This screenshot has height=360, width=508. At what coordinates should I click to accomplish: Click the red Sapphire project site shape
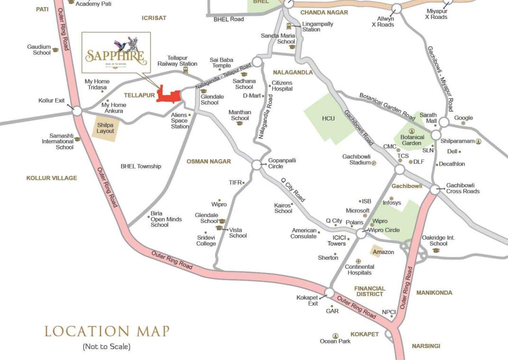(168, 95)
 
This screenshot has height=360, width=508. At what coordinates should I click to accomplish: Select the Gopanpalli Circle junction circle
(257, 165)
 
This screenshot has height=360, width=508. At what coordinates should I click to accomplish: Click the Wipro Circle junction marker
(361, 233)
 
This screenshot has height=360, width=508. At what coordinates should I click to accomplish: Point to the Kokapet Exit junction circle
(330, 292)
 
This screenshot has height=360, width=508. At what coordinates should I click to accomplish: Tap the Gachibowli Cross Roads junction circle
(435, 190)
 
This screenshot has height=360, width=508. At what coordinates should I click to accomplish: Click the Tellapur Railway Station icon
(185, 70)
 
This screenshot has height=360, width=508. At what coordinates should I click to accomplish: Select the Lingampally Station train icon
(289, 26)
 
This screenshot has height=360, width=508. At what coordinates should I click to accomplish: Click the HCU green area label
(328, 118)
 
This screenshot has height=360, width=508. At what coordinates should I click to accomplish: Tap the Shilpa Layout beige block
(105, 128)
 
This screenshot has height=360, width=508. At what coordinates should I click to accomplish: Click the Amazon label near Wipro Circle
(383, 252)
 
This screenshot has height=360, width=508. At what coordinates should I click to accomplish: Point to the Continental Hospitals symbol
(359, 261)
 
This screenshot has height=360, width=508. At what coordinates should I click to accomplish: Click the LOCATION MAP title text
(107, 331)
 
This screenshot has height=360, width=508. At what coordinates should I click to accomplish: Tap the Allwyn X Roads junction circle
(396, 9)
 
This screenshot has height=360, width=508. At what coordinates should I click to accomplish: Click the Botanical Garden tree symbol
(411, 131)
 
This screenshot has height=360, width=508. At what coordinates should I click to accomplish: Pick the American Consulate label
(303, 233)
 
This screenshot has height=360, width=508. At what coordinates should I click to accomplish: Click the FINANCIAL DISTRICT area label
(370, 291)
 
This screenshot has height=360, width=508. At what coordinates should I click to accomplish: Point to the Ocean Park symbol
(335, 335)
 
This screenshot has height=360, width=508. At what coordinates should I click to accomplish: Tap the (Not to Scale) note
(107, 347)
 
